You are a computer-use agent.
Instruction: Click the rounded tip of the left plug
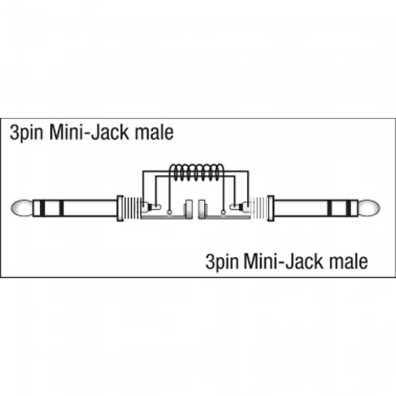point(21,208)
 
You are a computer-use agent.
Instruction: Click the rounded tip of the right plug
point(369,208)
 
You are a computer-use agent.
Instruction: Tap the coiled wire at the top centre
point(196,173)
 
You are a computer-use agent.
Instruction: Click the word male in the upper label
point(154,132)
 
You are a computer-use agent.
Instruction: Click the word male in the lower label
point(348,261)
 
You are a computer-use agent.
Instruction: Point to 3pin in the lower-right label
point(222,262)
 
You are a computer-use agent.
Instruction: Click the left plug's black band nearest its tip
point(42,208)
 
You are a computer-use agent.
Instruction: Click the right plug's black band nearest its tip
point(348,208)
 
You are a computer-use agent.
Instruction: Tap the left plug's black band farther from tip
point(61,208)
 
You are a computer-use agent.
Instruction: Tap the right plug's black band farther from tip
point(330,208)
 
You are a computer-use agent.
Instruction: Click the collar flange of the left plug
point(120,208)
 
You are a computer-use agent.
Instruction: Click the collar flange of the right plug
point(271,208)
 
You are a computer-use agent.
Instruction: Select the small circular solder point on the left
point(170,213)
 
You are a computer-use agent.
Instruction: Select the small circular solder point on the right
point(223,213)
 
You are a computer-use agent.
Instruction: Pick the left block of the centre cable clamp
point(189,209)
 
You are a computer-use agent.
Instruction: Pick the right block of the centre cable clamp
point(203,209)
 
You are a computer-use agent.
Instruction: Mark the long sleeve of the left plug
point(90,208)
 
